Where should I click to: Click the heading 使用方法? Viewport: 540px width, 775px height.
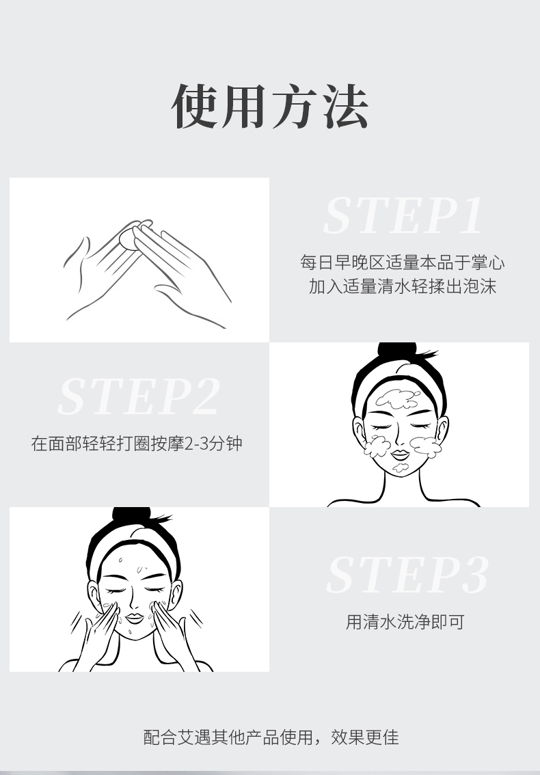(x=269, y=106)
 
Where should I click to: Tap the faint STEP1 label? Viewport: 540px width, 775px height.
(x=403, y=215)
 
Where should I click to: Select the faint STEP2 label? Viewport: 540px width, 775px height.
(x=139, y=396)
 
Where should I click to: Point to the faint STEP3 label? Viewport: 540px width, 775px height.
(x=407, y=574)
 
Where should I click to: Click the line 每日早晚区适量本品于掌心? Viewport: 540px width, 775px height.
(x=403, y=262)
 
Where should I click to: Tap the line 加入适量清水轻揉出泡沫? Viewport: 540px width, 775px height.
(x=403, y=286)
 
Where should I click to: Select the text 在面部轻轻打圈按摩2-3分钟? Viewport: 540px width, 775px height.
(x=137, y=444)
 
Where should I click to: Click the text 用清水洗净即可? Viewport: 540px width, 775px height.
(x=405, y=622)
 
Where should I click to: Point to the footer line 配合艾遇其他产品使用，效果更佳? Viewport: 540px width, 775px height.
(x=271, y=737)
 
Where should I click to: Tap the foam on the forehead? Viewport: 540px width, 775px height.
(x=398, y=398)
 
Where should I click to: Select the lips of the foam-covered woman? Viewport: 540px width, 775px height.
(x=400, y=454)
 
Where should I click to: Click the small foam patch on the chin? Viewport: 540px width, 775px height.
(x=401, y=467)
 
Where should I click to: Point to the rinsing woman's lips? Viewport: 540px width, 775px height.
(x=134, y=618)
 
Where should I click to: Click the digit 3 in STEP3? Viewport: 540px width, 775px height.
(x=475, y=574)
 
